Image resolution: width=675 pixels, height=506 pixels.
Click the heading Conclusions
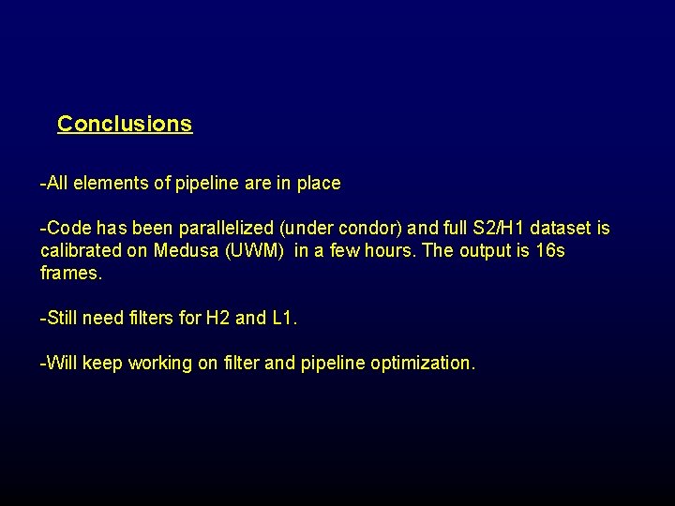tap(125, 124)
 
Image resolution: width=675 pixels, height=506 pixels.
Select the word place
tap(318, 184)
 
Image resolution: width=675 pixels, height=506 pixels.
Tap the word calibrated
tap(81, 251)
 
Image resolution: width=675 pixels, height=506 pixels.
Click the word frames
tap(71, 274)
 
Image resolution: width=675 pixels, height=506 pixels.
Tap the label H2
tap(217, 319)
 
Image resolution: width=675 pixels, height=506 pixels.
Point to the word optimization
tap(422, 364)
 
